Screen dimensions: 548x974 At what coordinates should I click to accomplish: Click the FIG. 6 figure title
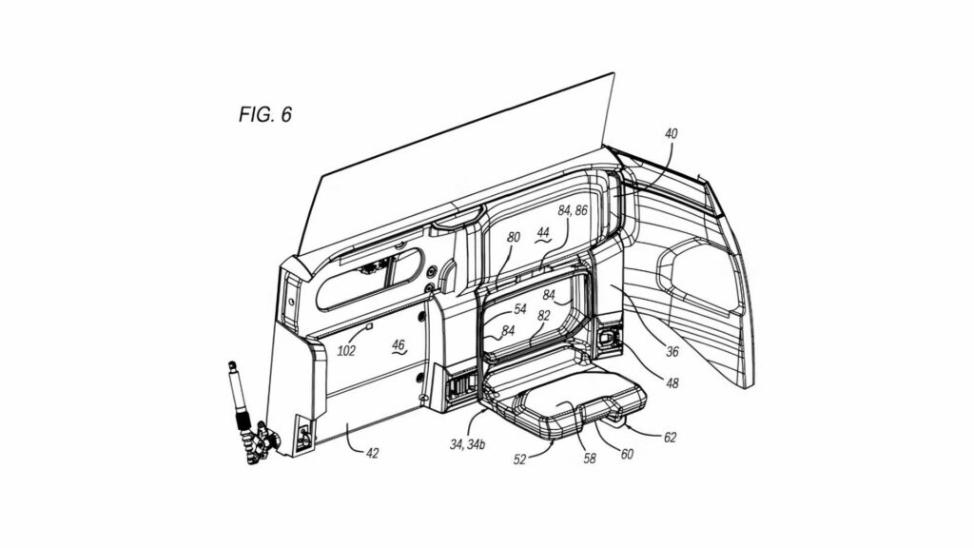(265, 115)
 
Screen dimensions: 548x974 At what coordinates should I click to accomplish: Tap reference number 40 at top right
(671, 134)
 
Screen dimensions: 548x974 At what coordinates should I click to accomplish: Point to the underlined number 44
(542, 232)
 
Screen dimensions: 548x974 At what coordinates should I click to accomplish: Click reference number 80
(514, 237)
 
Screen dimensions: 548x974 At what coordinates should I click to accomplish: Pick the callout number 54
(519, 309)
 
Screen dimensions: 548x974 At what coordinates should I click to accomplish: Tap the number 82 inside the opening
(544, 315)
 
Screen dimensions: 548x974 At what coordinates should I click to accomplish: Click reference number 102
(346, 350)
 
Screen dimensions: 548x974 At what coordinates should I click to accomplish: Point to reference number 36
(672, 351)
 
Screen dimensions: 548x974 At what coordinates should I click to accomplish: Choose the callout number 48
(672, 383)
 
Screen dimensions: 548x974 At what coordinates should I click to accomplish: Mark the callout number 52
(521, 459)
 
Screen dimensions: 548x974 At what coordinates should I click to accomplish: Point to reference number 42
(372, 453)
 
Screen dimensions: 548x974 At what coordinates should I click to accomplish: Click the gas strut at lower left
(239, 400)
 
